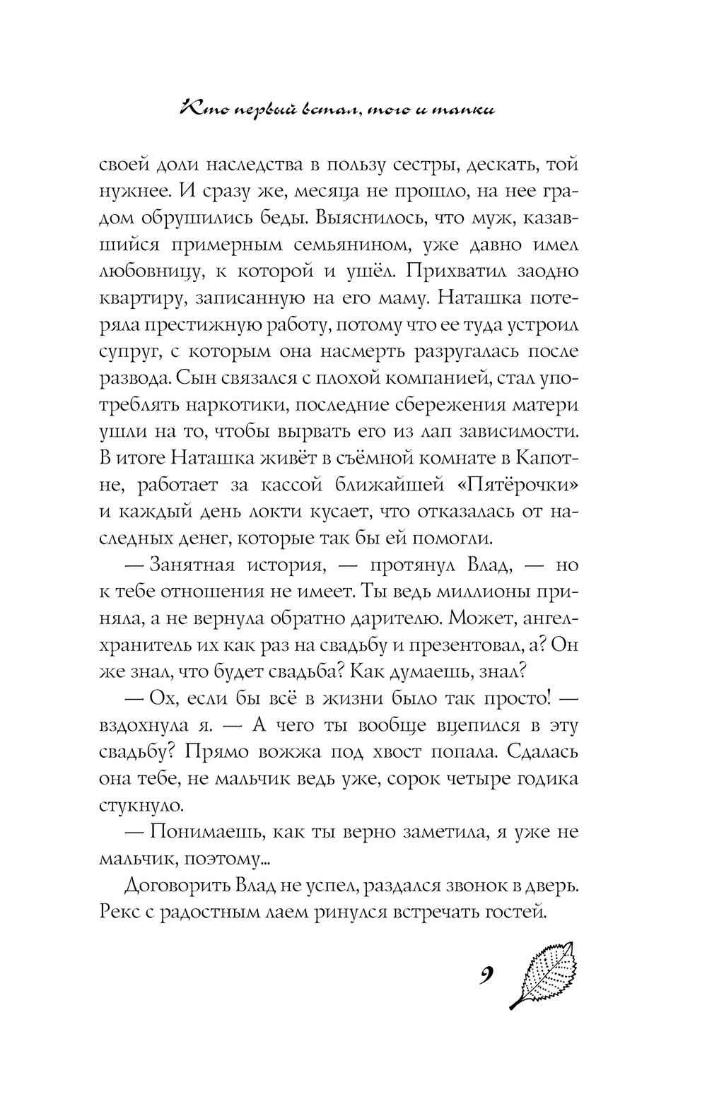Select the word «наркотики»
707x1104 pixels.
point(247,407)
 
